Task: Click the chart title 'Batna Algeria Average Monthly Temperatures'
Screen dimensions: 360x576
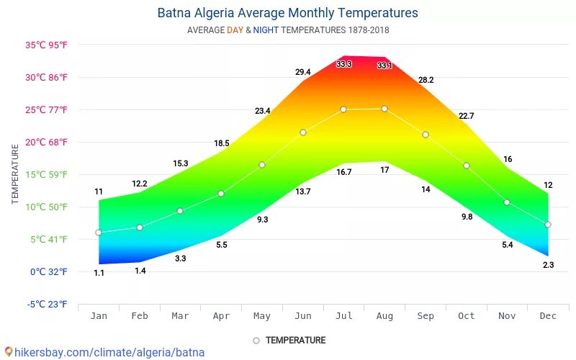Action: [x=287, y=13]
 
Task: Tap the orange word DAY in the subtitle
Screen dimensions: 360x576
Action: [x=235, y=30]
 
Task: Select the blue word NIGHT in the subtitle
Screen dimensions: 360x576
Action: [x=266, y=30]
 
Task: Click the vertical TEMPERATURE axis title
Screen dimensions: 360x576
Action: [x=15, y=174]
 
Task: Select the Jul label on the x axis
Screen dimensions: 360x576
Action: [x=343, y=315]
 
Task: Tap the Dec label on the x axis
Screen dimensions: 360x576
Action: [x=548, y=315]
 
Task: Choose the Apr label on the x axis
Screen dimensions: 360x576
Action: [x=221, y=315]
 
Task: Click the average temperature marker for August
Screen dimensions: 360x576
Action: [x=384, y=109]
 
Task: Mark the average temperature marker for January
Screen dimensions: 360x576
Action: [x=99, y=233]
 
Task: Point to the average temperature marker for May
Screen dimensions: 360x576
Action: [x=262, y=165]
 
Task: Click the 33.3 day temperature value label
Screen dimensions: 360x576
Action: [x=343, y=65]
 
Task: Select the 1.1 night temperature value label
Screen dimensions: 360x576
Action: [x=99, y=273]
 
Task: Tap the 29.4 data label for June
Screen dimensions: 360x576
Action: [x=302, y=72]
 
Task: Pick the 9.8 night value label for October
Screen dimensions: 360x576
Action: [x=467, y=217]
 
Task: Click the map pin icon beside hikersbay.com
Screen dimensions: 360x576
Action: [x=8, y=353]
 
